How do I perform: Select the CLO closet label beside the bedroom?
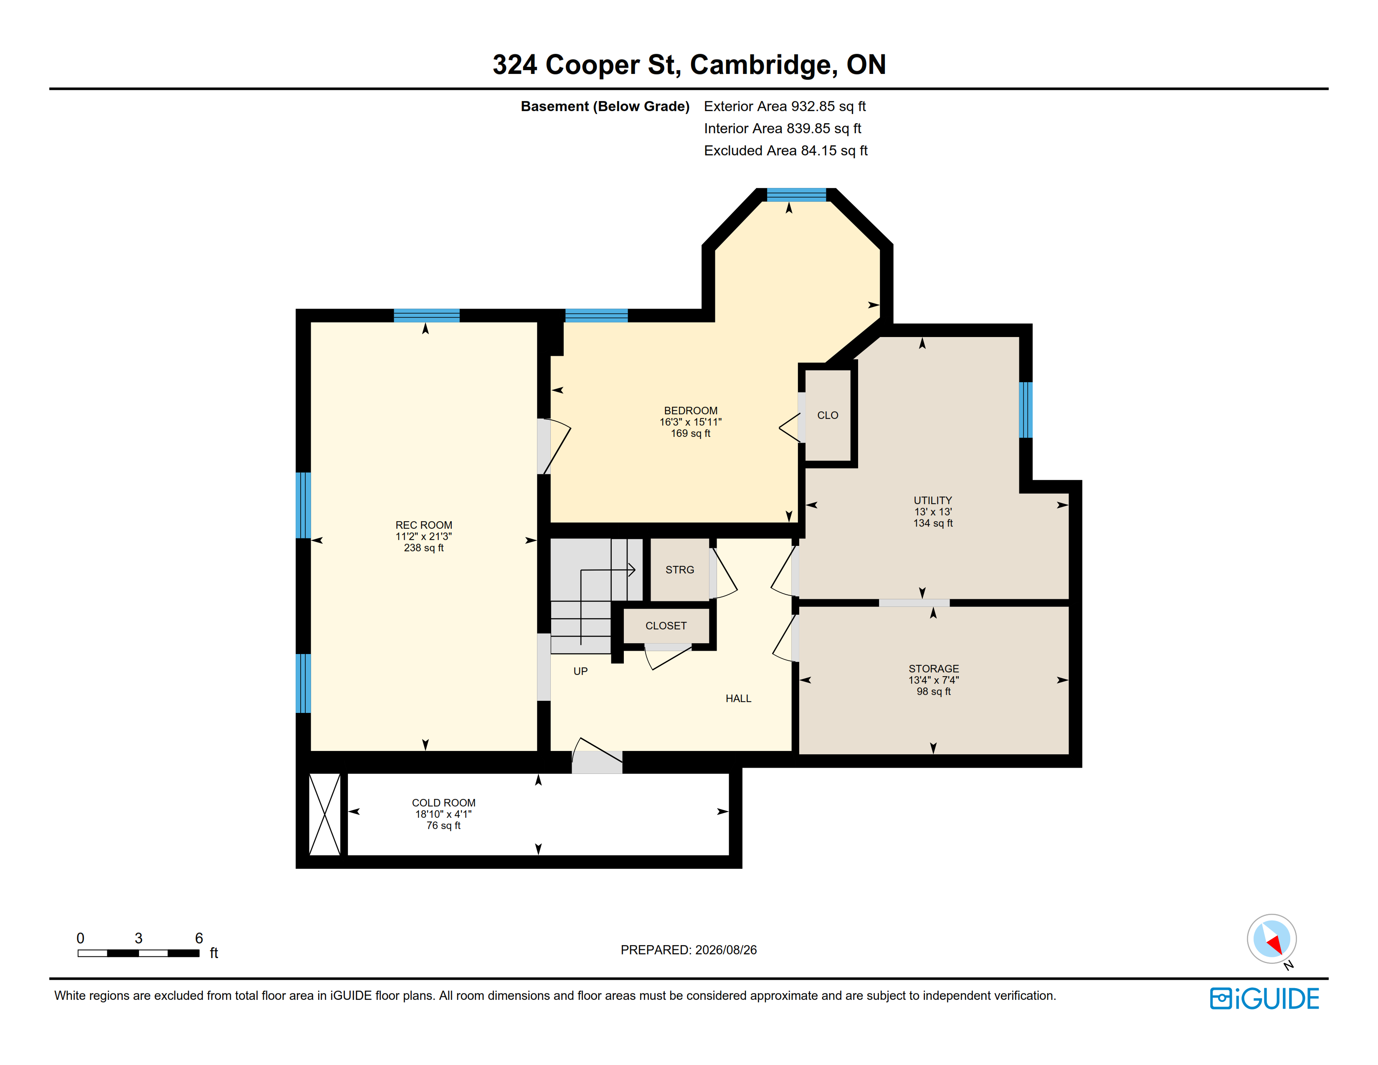[827, 415]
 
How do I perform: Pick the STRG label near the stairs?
[679, 570]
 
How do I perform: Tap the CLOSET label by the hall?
[666, 626]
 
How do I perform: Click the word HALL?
[738, 698]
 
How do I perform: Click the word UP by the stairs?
[580, 671]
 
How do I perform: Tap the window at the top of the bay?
[796, 194]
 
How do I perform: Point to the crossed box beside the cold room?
[324, 814]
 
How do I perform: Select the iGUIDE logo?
[1264, 999]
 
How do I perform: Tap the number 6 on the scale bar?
[199, 938]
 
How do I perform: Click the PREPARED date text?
[688, 950]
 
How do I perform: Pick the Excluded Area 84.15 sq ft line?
[785, 151]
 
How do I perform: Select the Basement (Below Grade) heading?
[605, 106]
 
